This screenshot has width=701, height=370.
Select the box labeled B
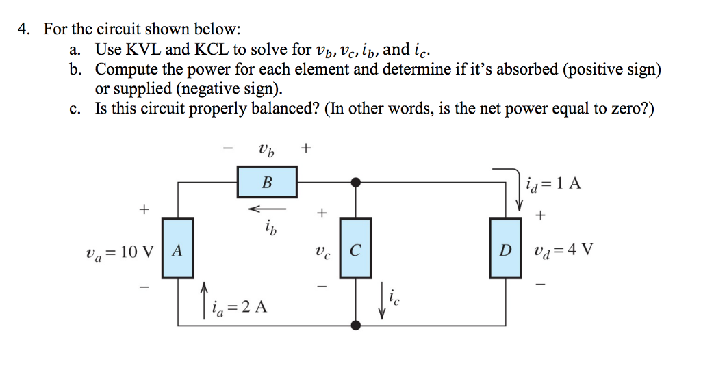[267, 182]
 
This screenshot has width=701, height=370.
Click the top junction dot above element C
[355, 183]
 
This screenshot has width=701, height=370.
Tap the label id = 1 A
[554, 183]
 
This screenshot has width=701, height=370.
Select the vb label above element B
[266, 148]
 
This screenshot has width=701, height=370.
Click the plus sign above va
[144, 209]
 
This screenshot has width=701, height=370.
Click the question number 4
[24, 29]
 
